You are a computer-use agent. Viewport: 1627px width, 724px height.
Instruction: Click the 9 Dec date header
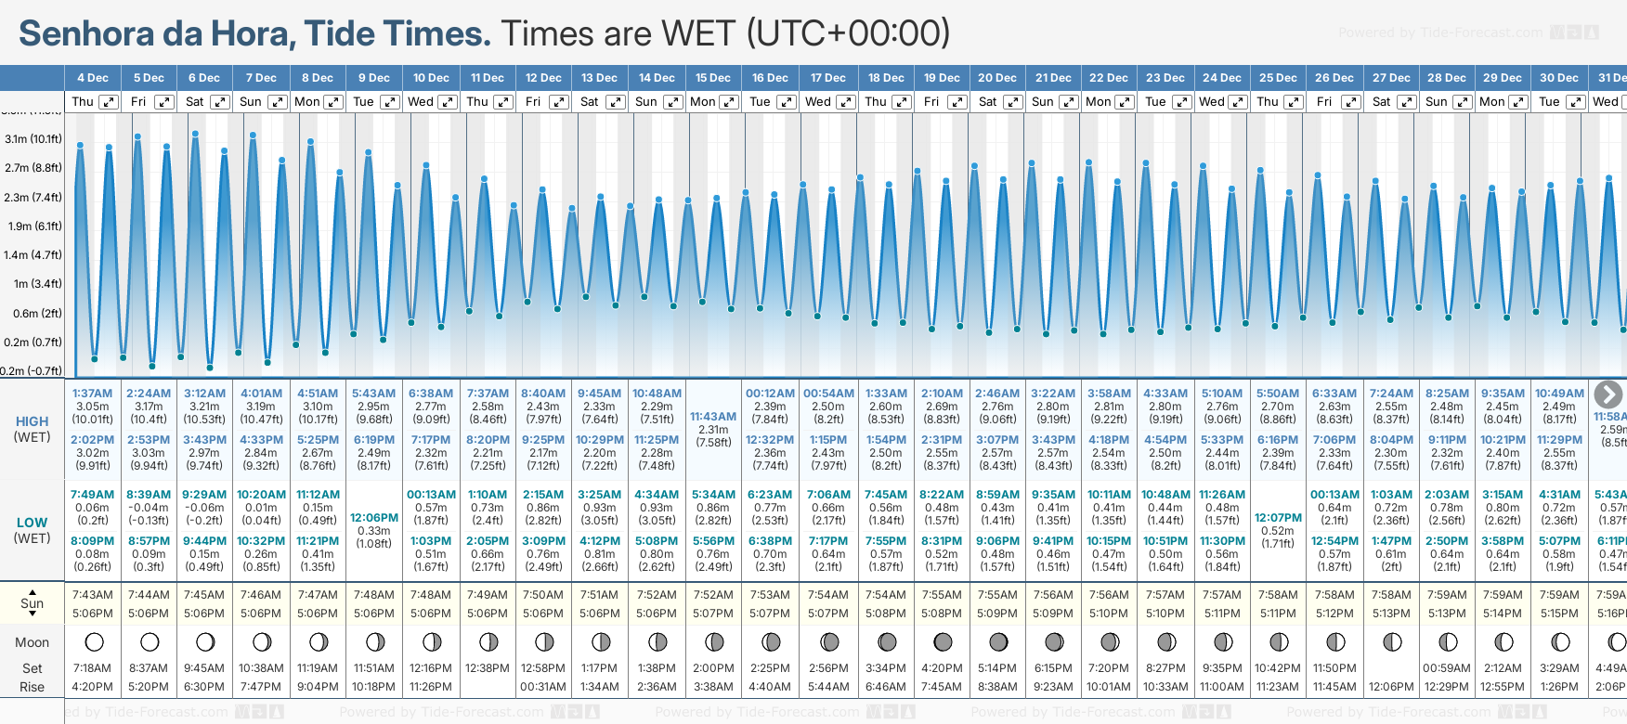(374, 78)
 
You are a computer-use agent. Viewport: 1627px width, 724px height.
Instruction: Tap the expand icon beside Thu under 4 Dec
(109, 102)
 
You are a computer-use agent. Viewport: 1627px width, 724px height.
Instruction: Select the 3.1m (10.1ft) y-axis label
(33, 139)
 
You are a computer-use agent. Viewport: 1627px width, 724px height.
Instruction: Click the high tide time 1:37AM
(92, 394)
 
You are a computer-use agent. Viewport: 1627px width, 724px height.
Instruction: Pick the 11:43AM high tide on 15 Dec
(713, 417)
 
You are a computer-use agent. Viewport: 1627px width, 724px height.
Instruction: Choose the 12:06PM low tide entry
(374, 518)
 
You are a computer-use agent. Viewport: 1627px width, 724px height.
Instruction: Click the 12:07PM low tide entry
(1278, 518)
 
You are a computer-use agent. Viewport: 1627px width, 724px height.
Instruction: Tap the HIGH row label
(32, 421)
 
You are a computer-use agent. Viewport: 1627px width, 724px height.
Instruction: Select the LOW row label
(32, 523)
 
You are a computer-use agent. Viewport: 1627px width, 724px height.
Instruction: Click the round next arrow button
(1608, 394)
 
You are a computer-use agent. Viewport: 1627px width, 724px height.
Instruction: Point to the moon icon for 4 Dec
(93, 641)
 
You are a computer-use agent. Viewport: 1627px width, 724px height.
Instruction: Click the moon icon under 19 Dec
(943, 641)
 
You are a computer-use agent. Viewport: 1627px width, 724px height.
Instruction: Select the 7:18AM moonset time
(92, 668)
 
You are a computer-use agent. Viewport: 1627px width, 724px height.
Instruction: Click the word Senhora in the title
(86, 33)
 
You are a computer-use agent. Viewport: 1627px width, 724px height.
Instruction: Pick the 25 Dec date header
(1278, 78)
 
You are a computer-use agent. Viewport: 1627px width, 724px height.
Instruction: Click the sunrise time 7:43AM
(92, 595)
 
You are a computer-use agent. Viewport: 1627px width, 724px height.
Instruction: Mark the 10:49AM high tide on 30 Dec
(1559, 394)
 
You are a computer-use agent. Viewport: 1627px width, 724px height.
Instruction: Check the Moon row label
(32, 642)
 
